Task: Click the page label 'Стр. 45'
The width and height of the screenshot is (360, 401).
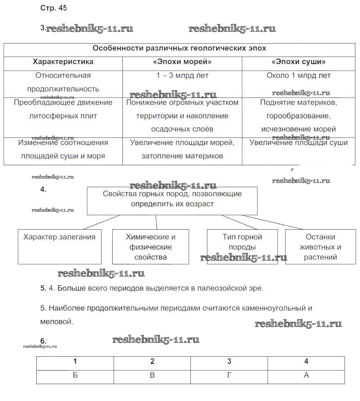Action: point(54,8)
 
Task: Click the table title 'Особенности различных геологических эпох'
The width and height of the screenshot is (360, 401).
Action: point(180,48)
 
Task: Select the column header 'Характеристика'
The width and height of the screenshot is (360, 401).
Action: point(63,62)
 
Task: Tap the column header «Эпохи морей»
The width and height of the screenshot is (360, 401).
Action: point(182,62)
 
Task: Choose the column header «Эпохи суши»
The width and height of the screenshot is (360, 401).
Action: point(298,62)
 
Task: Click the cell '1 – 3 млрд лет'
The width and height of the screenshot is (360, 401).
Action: point(182,76)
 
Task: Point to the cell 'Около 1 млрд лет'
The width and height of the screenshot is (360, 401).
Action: point(298,76)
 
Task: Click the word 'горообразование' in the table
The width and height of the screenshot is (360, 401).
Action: point(298,116)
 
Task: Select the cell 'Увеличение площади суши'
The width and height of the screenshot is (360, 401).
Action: point(298,143)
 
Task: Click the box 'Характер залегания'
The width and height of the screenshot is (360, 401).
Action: point(60,247)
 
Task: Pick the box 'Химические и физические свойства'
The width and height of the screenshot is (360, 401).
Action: point(150,247)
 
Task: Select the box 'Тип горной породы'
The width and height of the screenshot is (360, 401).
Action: point(242,247)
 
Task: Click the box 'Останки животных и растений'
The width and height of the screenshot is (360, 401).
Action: point(320,247)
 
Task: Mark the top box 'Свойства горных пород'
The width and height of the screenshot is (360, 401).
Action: point(172,200)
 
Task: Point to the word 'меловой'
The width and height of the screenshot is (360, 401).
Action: point(57,322)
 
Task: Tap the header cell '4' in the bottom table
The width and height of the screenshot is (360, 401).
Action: point(306,362)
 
